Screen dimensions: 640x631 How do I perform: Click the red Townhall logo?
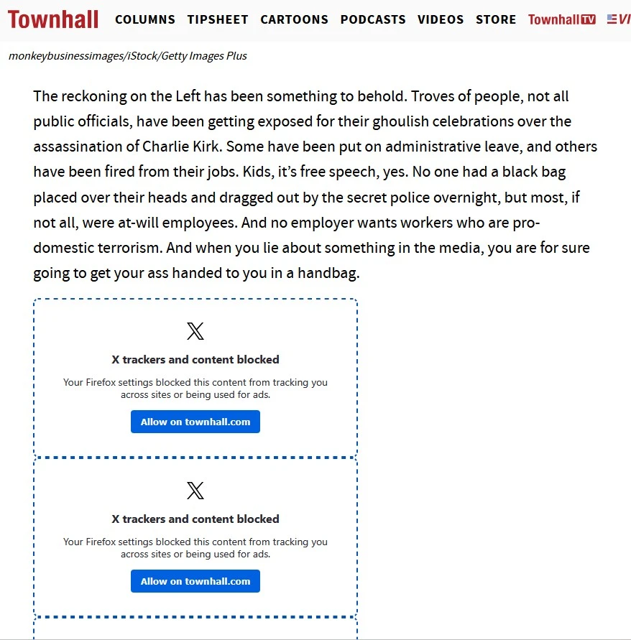click(x=53, y=19)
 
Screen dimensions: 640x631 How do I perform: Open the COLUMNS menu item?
click(x=145, y=19)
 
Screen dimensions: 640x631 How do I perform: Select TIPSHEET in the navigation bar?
click(x=218, y=19)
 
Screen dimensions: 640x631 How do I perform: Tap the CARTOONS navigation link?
click(x=294, y=19)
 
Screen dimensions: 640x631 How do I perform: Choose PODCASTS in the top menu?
click(x=373, y=19)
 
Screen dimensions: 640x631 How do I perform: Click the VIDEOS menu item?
click(x=441, y=19)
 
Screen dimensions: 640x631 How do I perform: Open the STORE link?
click(x=496, y=19)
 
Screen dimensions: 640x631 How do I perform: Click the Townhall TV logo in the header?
click(x=562, y=19)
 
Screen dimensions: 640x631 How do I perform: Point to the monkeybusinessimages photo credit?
click(x=128, y=56)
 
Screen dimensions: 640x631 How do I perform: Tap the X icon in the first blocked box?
click(x=195, y=331)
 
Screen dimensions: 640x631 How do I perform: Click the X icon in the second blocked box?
click(x=195, y=491)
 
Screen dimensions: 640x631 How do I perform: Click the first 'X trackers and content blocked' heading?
click(x=195, y=359)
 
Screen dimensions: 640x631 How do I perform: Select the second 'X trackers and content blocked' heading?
click(x=195, y=519)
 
